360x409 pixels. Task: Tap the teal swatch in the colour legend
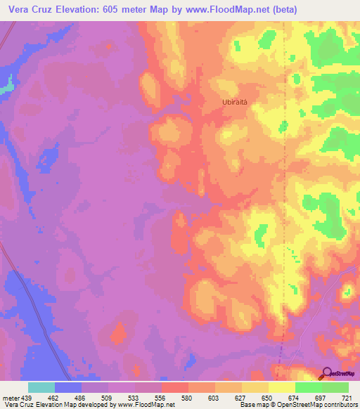(x=41, y=387)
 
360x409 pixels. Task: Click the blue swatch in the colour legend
(x=68, y=387)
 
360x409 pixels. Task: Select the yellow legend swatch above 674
(x=281, y=387)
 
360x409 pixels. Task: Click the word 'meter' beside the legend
(x=8, y=398)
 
